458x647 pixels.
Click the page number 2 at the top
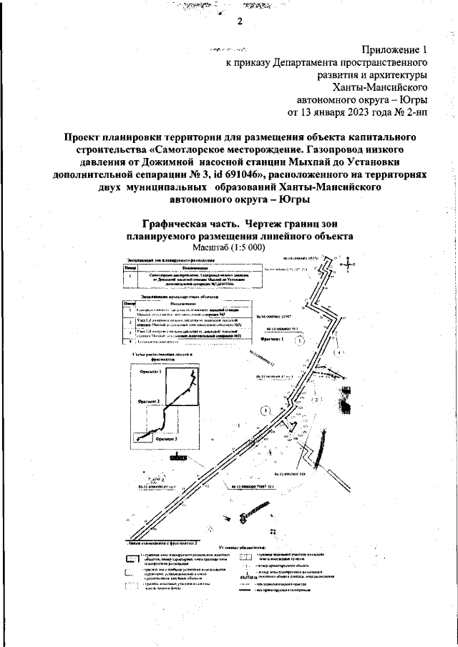coord(240,21)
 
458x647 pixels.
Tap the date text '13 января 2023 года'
coord(351,112)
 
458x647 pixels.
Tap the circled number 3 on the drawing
coord(264,410)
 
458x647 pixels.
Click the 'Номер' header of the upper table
coord(129,267)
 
